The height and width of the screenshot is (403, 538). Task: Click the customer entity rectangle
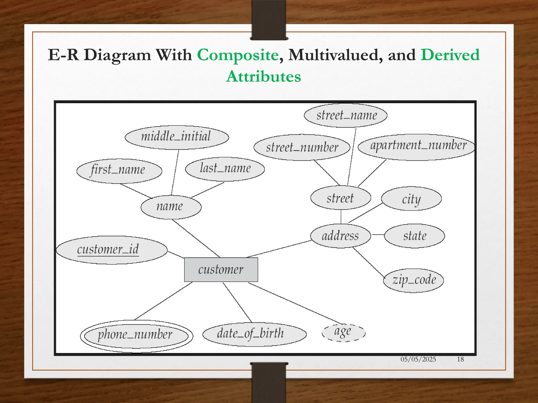pos(221,270)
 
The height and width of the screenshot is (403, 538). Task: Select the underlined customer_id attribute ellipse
pos(112,250)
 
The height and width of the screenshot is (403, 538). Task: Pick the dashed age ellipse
pos(343,332)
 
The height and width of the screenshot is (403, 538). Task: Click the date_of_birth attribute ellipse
pos(254,334)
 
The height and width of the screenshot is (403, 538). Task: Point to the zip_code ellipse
pos(413,280)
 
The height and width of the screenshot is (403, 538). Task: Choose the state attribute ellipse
pos(414,236)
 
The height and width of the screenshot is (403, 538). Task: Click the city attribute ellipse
pos(411,199)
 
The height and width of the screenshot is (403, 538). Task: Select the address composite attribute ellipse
pos(340,236)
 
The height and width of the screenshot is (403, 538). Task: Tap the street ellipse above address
pos(340,198)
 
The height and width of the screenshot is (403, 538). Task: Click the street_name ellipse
pos(346,115)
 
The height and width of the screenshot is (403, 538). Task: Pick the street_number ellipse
pos(302,147)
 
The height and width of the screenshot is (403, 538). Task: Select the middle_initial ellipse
pos(177,137)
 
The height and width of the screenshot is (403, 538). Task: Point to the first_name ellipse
pos(119,171)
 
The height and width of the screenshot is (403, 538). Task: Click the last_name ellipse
pos(225,169)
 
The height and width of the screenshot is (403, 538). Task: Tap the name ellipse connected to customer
pos(171,207)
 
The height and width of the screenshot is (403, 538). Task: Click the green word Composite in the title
pos(238,55)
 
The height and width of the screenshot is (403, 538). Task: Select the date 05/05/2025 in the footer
pos(418,359)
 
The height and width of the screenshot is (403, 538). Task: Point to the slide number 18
pos(460,359)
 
